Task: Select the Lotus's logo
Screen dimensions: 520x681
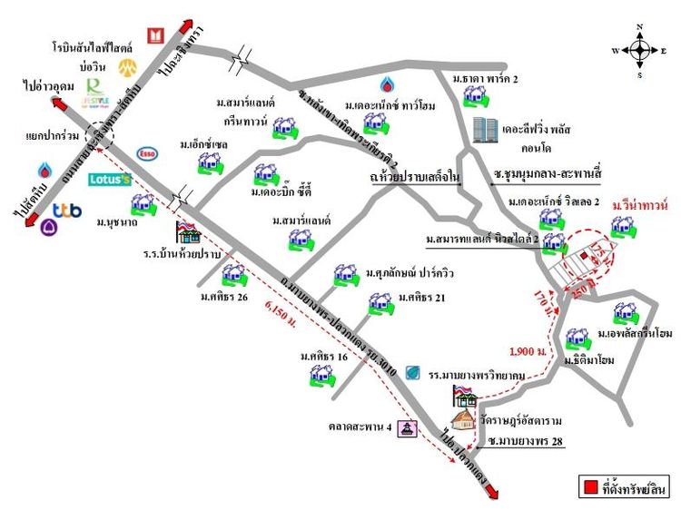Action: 110,180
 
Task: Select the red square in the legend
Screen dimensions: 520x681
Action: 590,488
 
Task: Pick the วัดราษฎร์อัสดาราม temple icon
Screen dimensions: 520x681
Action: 465,417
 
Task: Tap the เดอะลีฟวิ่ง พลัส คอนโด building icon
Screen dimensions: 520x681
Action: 485,131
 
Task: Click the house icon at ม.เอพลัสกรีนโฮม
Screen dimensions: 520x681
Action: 625,312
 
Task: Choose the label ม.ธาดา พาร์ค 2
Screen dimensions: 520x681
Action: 491,79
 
